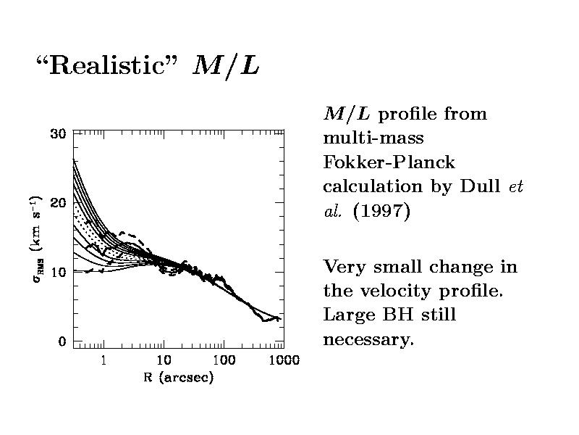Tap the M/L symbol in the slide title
[227, 67]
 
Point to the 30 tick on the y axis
[57, 133]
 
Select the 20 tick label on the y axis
[57, 203]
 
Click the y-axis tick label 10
[57, 272]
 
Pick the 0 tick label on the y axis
[62, 341]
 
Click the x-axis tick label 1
[104, 360]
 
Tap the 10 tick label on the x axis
[164, 360]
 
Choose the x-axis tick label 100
[224, 360]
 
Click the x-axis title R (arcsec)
[178, 378]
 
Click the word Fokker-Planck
[389, 162]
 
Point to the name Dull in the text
[480, 186]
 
